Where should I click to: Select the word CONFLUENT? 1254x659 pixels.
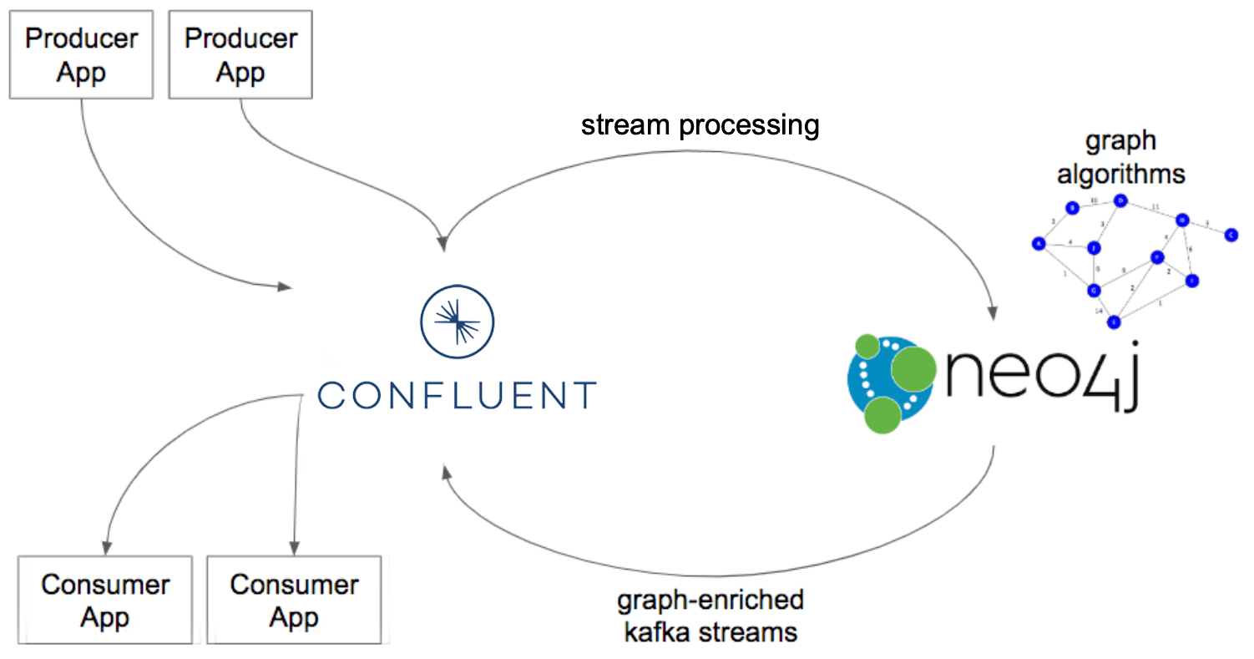[x=458, y=394]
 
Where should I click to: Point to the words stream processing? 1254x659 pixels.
[x=700, y=125]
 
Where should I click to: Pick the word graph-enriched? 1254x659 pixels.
[x=710, y=600]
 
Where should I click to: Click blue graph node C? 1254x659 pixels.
[x=1231, y=236]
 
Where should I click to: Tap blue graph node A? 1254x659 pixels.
[x=1039, y=244]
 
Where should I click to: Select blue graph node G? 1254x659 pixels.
[x=1093, y=291]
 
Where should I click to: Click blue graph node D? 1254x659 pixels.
[x=1121, y=200]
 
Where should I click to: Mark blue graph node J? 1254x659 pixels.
[x=1093, y=247]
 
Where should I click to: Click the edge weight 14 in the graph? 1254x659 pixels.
[x=1099, y=311]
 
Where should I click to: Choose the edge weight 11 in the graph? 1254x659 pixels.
[x=1155, y=205]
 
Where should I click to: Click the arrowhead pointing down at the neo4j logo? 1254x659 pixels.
[x=992, y=313]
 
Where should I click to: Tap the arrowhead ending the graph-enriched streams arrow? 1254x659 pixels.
[x=447, y=474]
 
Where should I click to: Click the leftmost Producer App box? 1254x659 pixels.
[x=81, y=54]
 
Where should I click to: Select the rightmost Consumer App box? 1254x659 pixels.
[x=293, y=601]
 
